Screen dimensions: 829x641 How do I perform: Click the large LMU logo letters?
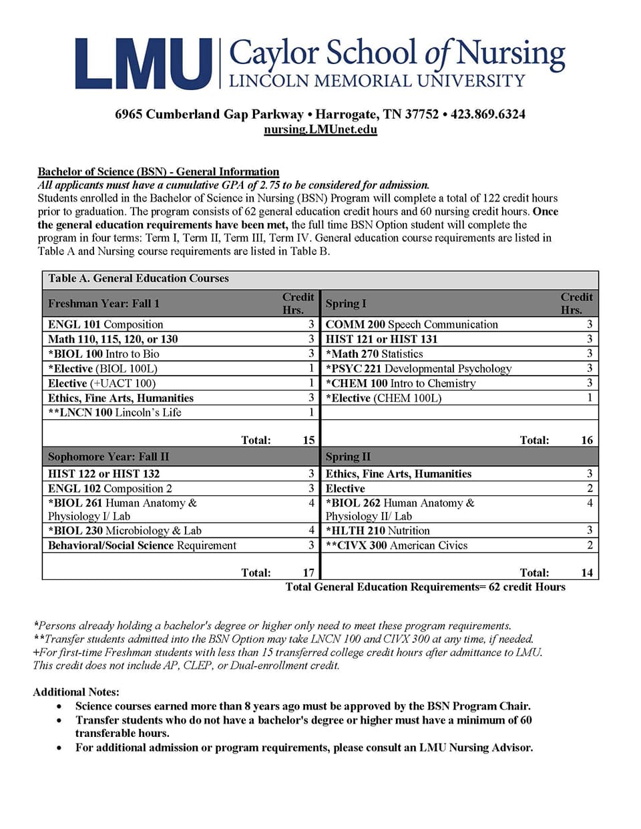(x=143, y=64)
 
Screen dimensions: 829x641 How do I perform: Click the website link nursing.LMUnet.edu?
(x=320, y=129)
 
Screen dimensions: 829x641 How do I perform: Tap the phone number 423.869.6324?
(x=487, y=114)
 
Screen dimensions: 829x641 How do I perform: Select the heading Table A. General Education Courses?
(x=138, y=278)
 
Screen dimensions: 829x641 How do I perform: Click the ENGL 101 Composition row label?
(x=105, y=324)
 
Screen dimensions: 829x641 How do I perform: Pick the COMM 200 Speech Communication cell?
(x=411, y=324)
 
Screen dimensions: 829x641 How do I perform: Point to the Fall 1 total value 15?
(x=308, y=440)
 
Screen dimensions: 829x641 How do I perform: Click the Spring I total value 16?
(x=586, y=440)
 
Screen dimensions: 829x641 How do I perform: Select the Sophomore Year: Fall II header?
(x=108, y=457)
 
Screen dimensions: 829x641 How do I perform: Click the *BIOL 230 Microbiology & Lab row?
(x=124, y=531)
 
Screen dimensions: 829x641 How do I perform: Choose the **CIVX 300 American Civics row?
(x=396, y=545)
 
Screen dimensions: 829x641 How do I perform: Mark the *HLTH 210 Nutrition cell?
(x=377, y=531)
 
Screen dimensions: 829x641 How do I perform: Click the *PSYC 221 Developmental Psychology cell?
(x=418, y=368)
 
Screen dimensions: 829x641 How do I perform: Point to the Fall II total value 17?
(x=308, y=573)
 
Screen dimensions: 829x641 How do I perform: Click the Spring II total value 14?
(x=586, y=573)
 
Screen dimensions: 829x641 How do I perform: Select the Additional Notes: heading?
(x=76, y=692)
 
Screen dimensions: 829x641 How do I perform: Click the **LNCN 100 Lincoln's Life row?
(x=114, y=412)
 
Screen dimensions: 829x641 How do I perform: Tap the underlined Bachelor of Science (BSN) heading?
(x=158, y=172)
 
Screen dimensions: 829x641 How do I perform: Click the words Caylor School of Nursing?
(x=397, y=54)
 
